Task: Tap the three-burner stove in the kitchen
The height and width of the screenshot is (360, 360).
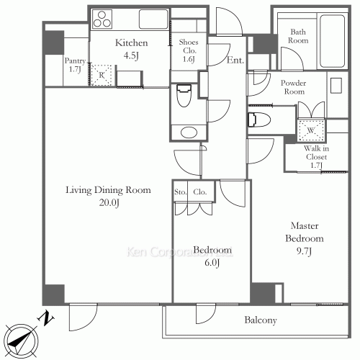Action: coord(102,19)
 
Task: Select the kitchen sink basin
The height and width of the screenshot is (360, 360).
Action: coord(153,19)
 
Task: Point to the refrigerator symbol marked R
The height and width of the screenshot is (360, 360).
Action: coord(102,75)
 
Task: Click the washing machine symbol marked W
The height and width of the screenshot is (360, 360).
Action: coord(311,130)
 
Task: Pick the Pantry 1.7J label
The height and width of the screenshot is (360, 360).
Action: coord(75,65)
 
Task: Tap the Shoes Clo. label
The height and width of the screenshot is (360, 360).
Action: coord(189,50)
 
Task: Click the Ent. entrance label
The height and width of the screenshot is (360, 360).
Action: coord(235,60)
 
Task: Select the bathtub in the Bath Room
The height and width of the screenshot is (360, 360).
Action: coord(333,41)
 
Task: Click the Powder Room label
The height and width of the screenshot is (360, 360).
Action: coord(294,87)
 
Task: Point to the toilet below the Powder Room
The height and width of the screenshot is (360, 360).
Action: coord(259,120)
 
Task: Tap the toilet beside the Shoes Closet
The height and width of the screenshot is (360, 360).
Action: coord(184,95)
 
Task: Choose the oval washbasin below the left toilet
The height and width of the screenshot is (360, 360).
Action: coord(189,132)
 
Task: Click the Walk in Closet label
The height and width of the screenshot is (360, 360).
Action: coord(316,157)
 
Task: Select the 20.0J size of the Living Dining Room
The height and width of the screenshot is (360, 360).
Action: coord(109,203)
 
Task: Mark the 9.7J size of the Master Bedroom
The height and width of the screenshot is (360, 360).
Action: coord(304,251)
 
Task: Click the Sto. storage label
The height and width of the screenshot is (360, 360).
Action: coord(180,192)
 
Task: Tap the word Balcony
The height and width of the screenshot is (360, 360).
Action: coord(261,320)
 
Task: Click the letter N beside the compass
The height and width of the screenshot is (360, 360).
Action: coord(45,318)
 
